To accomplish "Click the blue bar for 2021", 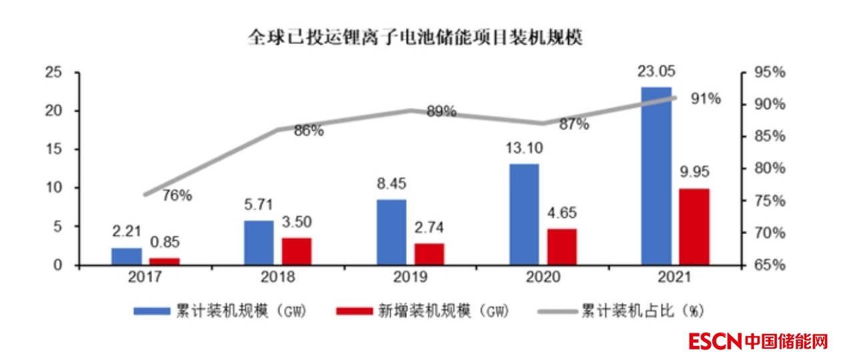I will (x=656, y=176).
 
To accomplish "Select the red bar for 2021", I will (x=694, y=227).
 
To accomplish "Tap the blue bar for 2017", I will (x=127, y=257).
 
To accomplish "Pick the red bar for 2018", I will (x=296, y=251).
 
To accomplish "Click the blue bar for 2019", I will (x=391, y=232).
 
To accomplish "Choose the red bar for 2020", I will (x=562, y=247).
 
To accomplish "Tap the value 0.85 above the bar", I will (x=165, y=243).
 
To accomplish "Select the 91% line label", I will (x=705, y=99).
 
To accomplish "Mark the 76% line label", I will (x=177, y=195).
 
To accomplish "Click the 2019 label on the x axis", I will (x=411, y=277).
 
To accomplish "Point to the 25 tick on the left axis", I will (x=52, y=72).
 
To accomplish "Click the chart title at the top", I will (x=415, y=37).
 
